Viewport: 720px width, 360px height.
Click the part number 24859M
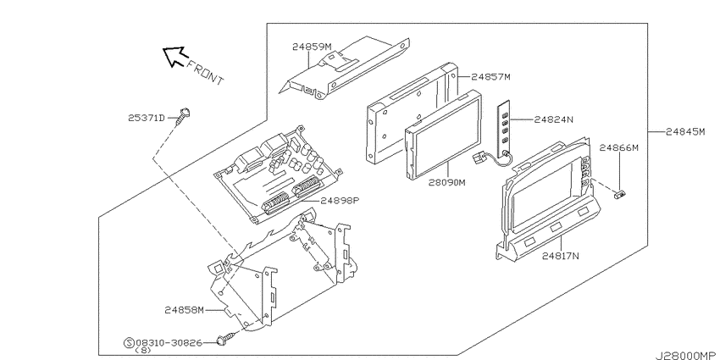[312, 47]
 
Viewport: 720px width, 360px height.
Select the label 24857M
[490, 77]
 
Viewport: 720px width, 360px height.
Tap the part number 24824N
[554, 119]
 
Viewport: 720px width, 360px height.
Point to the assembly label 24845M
[685, 132]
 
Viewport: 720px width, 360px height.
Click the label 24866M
[619, 148]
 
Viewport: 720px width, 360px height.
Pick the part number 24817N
[561, 256]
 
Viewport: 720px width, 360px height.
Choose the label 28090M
[447, 182]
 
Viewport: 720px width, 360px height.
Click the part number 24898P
[340, 200]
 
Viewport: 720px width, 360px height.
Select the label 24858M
[184, 310]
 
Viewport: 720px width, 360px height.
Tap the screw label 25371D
[146, 118]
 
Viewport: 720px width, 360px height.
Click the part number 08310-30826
[169, 342]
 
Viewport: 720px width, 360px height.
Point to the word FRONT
[205, 73]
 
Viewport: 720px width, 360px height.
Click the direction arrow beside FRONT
[174, 57]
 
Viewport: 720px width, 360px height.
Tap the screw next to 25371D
[184, 116]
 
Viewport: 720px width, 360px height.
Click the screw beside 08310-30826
[226, 340]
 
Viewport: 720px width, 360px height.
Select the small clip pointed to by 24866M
[620, 195]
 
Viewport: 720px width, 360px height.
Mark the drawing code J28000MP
[687, 356]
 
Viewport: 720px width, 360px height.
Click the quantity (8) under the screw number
[143, 351]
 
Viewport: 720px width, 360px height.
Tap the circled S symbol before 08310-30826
[129, 342]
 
